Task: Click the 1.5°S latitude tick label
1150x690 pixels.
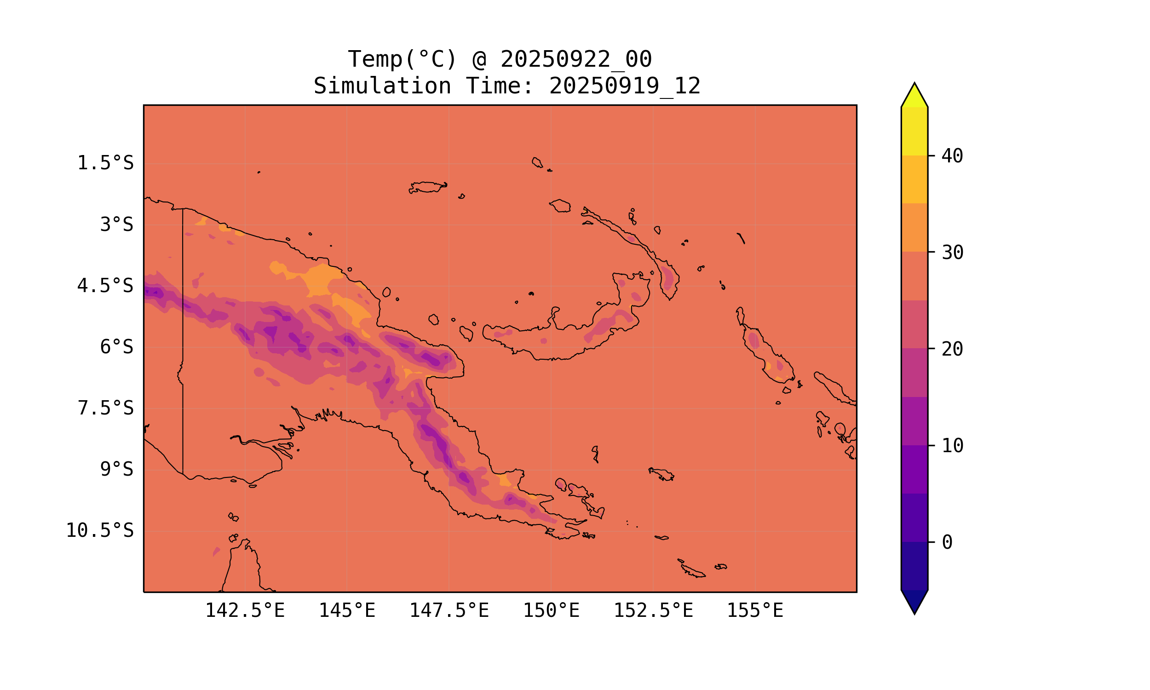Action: (x=105, y=163)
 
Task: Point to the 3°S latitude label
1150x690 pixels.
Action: (x=117, y=224)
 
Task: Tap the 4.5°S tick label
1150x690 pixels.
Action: (x=105, y=286)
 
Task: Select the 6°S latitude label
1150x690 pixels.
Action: (x=117, y=347)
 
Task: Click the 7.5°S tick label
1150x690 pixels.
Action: (x=105, y=408)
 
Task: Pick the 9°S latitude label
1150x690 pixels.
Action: (x=117, y=470)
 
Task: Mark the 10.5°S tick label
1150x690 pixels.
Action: (x=99, y=530)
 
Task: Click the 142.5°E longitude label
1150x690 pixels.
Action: (x=245, y=610)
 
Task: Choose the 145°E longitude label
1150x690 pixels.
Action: (x=347, y=610)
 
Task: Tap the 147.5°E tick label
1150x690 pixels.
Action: (x=448, y=610)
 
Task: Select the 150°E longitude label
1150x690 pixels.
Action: (x=551, y=610)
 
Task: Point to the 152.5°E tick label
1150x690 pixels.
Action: (x=653, y=610)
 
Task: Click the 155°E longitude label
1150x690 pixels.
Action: (x=755, y=610)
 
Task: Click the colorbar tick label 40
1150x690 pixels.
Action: (x=952, y=156)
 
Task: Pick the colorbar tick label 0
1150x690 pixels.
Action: (x=947, y=543)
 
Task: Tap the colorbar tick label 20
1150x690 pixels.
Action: (x=952, y=349)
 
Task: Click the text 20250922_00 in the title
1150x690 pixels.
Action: (x=576, y=59)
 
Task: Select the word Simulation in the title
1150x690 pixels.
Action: (x=382, y=86)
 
